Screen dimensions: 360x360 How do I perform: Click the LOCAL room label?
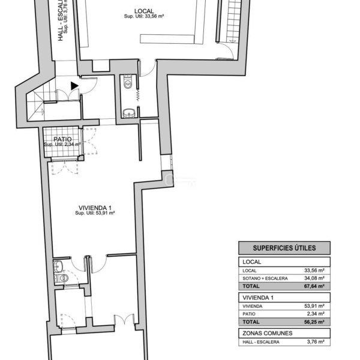(x=144, y=11)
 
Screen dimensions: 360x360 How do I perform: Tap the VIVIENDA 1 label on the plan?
(x=95, y=208)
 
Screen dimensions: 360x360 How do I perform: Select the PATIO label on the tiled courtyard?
(x=62, y=139)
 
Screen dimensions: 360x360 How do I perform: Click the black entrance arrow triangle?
(x=74, y=86)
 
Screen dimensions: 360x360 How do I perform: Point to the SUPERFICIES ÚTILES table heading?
(x=284, y=248)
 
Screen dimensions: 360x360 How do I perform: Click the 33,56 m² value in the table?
(x=314, y=271)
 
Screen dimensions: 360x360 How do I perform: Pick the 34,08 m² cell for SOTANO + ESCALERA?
(x=314, y=278)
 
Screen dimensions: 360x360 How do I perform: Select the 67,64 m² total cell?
(x=314, y=286)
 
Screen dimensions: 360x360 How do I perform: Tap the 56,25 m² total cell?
(x=314, y=322)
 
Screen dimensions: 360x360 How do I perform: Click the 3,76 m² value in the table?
(x=316, y=342)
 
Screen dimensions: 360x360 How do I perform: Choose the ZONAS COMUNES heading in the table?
(x=268, y=333)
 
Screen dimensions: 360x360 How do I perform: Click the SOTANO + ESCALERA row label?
(x=265, y=278)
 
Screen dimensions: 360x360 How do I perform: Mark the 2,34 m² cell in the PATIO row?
(x=316, y=314)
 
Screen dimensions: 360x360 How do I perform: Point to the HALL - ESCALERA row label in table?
(x=261, y=342)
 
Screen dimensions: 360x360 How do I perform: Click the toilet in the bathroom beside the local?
(x=127, y=82)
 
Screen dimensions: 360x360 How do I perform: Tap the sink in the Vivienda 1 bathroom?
(x=58, y=266)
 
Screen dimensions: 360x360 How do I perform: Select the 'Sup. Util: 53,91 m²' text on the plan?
(x=95, y=213)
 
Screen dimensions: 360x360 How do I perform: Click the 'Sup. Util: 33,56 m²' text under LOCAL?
(x=144, y=16)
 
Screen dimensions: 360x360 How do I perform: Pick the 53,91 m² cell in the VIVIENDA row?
(x=314, y=306)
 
